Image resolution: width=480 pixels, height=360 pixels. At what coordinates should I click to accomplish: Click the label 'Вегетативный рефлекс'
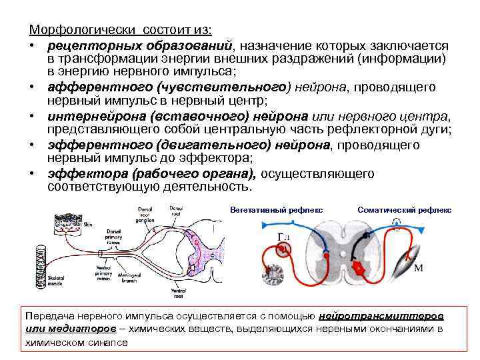pos(275,210)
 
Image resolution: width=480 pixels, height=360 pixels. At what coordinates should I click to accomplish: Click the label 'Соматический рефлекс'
pos(404,210)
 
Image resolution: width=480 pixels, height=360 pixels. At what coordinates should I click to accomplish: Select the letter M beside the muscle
pos(419,268)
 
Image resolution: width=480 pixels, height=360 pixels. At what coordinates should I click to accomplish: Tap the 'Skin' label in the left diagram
pos(88,225)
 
